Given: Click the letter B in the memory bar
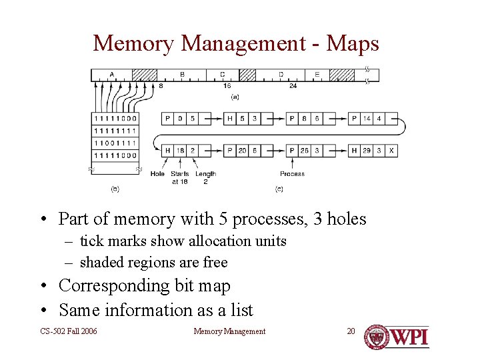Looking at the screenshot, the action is click(182, 74).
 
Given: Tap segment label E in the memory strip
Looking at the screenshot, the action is click(317, 74).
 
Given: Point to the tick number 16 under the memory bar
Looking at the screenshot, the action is click(227, 85).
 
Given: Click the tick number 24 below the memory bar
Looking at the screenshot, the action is click(293, 85).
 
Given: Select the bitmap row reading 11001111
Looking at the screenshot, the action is click(115, 143).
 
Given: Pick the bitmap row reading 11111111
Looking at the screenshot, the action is click(115, 131).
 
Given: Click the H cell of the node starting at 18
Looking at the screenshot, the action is click(168, 150).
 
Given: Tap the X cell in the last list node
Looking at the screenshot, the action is click(391, 150).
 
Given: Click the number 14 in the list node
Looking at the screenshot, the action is click(367, 119).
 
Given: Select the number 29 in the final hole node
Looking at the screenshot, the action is click(367, 150).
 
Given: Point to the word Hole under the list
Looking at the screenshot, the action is click(157, 174).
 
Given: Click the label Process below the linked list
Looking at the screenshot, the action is click(292, 174).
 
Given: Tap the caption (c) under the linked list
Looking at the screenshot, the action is click(279, 189).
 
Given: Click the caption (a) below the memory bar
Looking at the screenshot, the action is click(235, 97).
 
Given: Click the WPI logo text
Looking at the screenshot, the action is click(409, 337).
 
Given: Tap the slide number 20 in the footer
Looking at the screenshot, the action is click(351, 331).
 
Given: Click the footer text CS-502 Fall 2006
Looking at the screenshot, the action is click(69, 331).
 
